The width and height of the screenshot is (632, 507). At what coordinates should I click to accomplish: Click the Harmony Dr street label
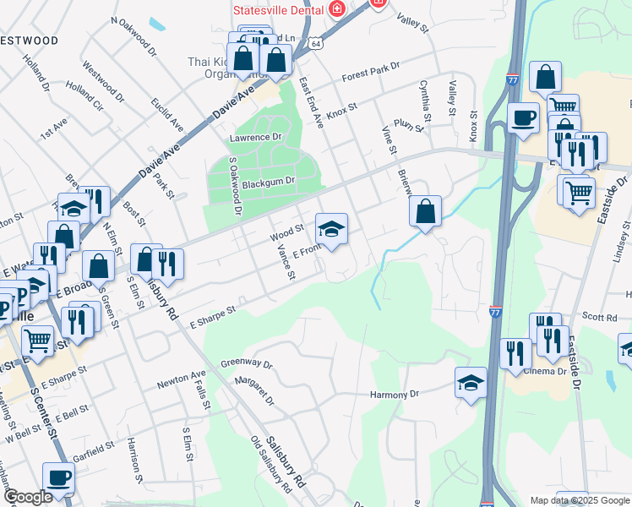[x=395, y=395]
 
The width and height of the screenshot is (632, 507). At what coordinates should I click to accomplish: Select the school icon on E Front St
[x=331, y=228]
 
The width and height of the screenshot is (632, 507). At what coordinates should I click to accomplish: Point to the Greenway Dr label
[x=247, y=364]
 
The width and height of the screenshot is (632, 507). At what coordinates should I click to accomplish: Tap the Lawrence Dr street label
[x=254, y=137]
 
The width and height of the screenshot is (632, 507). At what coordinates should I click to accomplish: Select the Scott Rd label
[x=601, y=318]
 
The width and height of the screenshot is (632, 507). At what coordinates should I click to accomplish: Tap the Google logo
[x=26, y=497]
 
